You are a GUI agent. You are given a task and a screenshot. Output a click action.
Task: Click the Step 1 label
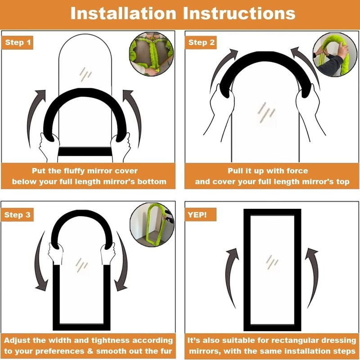[x=18, y=42]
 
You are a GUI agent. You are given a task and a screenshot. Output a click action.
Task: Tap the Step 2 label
[x=201, y=42]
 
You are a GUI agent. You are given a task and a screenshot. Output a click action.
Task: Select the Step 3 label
[x=17, y=215]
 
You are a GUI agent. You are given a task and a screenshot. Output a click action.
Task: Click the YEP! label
[x=200, y=215]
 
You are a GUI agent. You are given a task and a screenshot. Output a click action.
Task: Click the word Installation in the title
[x=123, y=13]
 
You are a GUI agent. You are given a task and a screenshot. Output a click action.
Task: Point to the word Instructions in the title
[x=239, y=13]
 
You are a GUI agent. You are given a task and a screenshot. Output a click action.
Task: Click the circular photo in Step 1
[x=152, y=54]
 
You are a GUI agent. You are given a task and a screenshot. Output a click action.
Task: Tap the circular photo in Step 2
[x=335, y=54]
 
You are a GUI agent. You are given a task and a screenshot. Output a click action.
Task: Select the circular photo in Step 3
[x=152, y=225]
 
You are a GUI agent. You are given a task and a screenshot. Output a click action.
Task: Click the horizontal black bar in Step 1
[x=85, y=152]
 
